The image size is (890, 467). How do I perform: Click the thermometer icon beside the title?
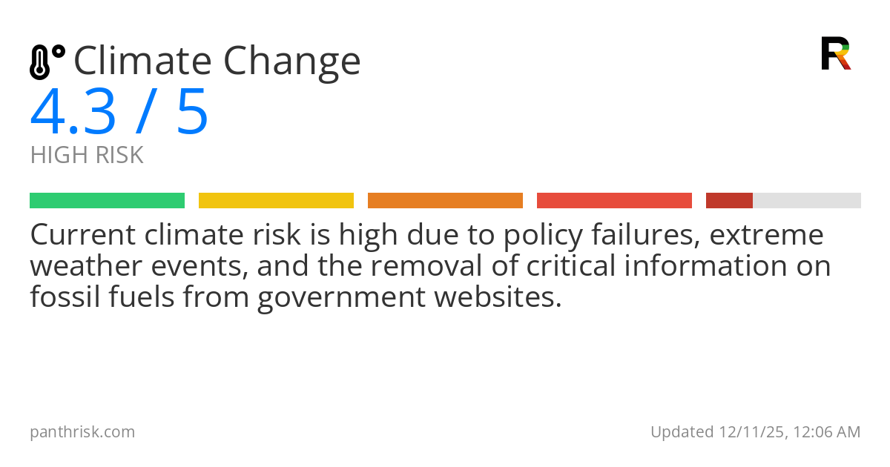pyautogui.click(x=46, y=62)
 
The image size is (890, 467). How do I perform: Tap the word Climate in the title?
pyautogui.click(x=142, y=61)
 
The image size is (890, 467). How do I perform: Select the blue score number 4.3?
pyautogui.click(x=73, y=113)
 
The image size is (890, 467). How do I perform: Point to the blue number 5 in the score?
pyautogui.click(x=192, y=113)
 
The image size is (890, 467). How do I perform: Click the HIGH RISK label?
pyautogui.click(x=86, y=156)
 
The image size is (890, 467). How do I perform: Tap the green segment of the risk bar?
pyautogui.click(x=107, y=200)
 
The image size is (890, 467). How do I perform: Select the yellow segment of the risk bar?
pyautogui.click(x=276, y=200)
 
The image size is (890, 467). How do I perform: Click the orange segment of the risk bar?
pyautogui.click(x=445, y=200)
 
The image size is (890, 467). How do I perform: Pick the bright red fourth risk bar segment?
pyautogui.click(x=614, y=200)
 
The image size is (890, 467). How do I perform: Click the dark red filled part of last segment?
pyautogui.click(x=729, y=200)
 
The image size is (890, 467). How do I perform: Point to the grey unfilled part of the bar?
pyautogui.click(x=807, y=200)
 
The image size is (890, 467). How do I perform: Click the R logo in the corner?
pyautogui.click(x=835, y=53)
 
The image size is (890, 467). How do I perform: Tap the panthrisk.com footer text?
pyautogui.click(x=82, y=432)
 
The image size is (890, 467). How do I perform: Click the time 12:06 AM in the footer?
pyautogui.click(x=828, y=432)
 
